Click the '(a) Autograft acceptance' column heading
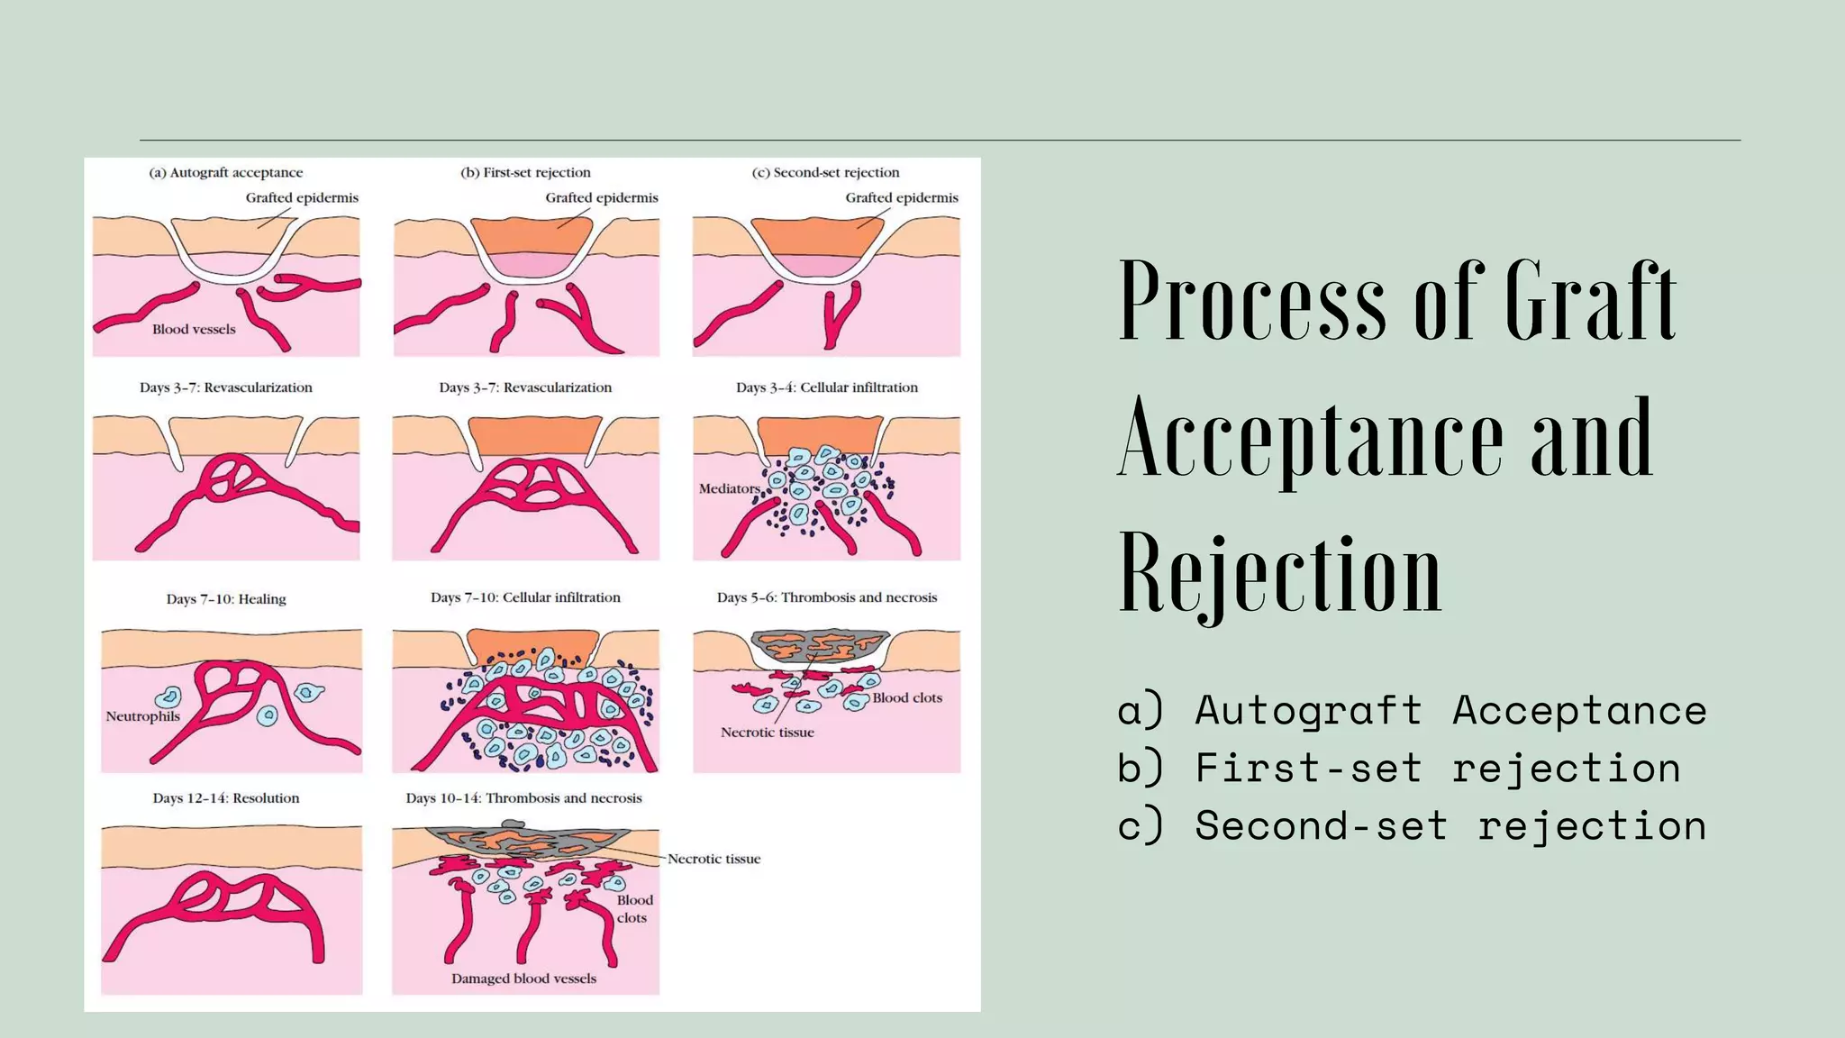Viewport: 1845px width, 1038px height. [226, 172]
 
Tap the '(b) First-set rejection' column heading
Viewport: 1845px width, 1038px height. [526, 172]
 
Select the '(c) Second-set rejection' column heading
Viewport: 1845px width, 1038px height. [826, 172]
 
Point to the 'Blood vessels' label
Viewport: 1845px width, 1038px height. [194, 329]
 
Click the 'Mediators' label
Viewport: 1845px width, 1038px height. [730, 488]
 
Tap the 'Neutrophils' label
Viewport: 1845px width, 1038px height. [143, 716]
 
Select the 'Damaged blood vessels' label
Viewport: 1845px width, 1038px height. [523, 979]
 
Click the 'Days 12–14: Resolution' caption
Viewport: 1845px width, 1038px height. [226, 797]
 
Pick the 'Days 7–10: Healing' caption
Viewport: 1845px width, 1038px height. [226, 598]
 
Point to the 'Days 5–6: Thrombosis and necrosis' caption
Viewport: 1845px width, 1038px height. [827, 597]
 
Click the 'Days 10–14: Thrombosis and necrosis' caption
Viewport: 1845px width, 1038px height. [523, 797]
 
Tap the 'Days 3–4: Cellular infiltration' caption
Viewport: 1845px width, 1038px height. [827, 387]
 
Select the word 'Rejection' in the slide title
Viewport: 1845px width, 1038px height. [1280, 573]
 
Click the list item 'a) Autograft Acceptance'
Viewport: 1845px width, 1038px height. [1412, 711]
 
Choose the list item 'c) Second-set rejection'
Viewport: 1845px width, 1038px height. [1412, 826]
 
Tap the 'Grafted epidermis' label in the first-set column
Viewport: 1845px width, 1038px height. [602, 197]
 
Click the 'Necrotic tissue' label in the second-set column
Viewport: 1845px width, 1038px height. [768, 733]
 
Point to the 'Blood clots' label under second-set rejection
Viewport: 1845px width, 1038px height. [907, 697]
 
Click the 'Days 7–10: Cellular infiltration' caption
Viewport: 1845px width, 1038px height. [525, 597]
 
